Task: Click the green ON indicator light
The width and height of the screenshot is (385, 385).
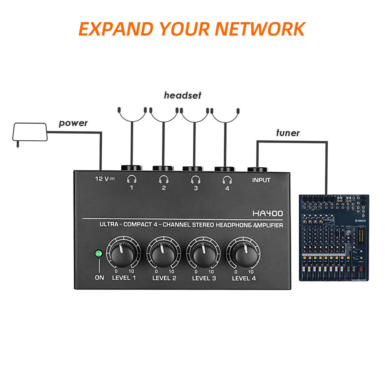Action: (99, 254)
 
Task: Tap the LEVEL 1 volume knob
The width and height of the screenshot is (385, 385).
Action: (122, 254)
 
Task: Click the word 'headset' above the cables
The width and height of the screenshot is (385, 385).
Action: (182, 95)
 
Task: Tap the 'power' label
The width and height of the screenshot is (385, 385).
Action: (73, 124)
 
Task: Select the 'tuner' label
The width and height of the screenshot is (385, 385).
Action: (288, 133)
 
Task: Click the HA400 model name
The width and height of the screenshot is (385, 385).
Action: (268, 213)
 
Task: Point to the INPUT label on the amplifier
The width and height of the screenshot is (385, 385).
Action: (261, 180)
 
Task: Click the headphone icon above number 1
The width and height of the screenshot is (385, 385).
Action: (132, 179)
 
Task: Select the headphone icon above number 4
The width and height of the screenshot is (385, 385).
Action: (227, 179)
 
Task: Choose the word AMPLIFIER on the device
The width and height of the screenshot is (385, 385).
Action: (268, 225)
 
